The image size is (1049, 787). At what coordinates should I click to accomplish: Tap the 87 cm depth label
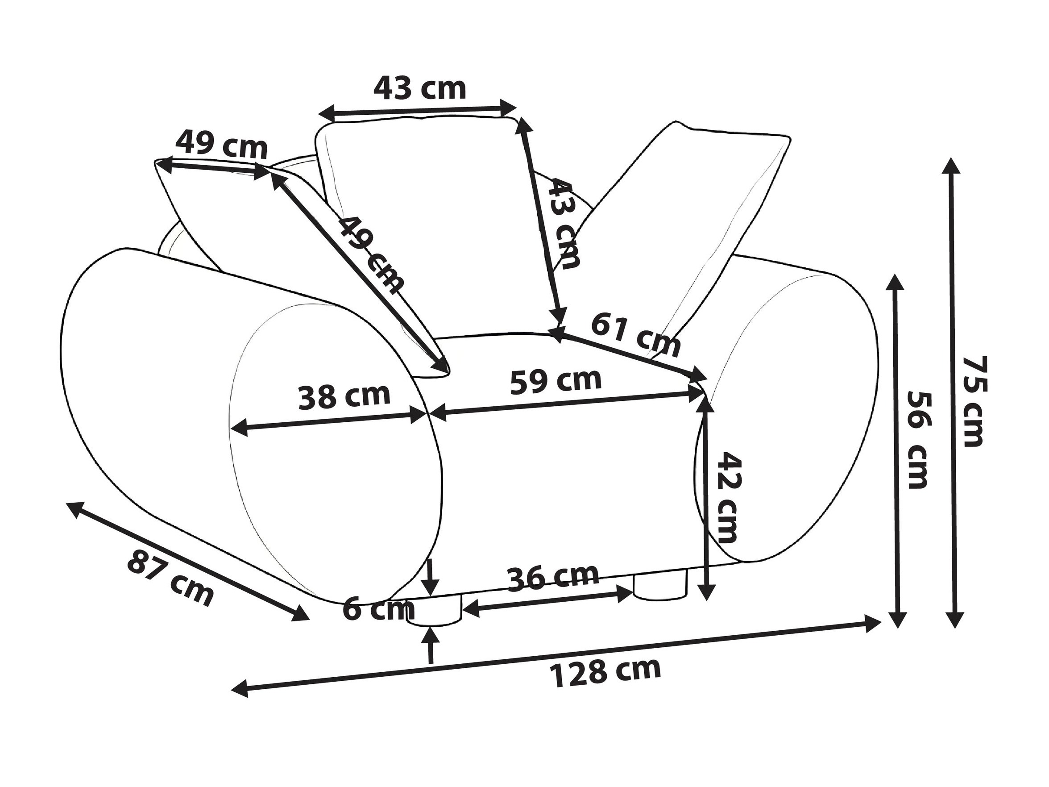tap(170, 578)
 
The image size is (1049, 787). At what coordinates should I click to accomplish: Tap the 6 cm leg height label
tap(378, 608)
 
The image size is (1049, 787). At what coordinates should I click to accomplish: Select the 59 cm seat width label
tap(556, 381)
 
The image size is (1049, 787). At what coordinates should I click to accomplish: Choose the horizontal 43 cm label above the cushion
tap(420, 88)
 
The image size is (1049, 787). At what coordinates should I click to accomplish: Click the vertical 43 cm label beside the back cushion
tap(564, 224)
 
